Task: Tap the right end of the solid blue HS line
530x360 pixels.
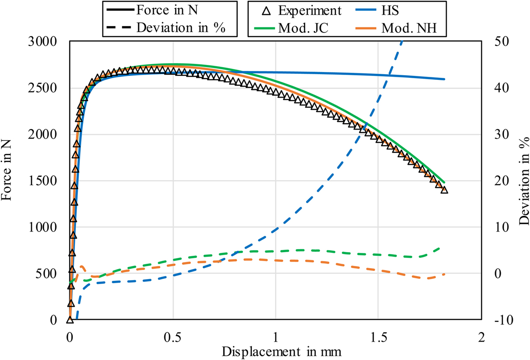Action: pyautogui.click(x=444, y=79)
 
